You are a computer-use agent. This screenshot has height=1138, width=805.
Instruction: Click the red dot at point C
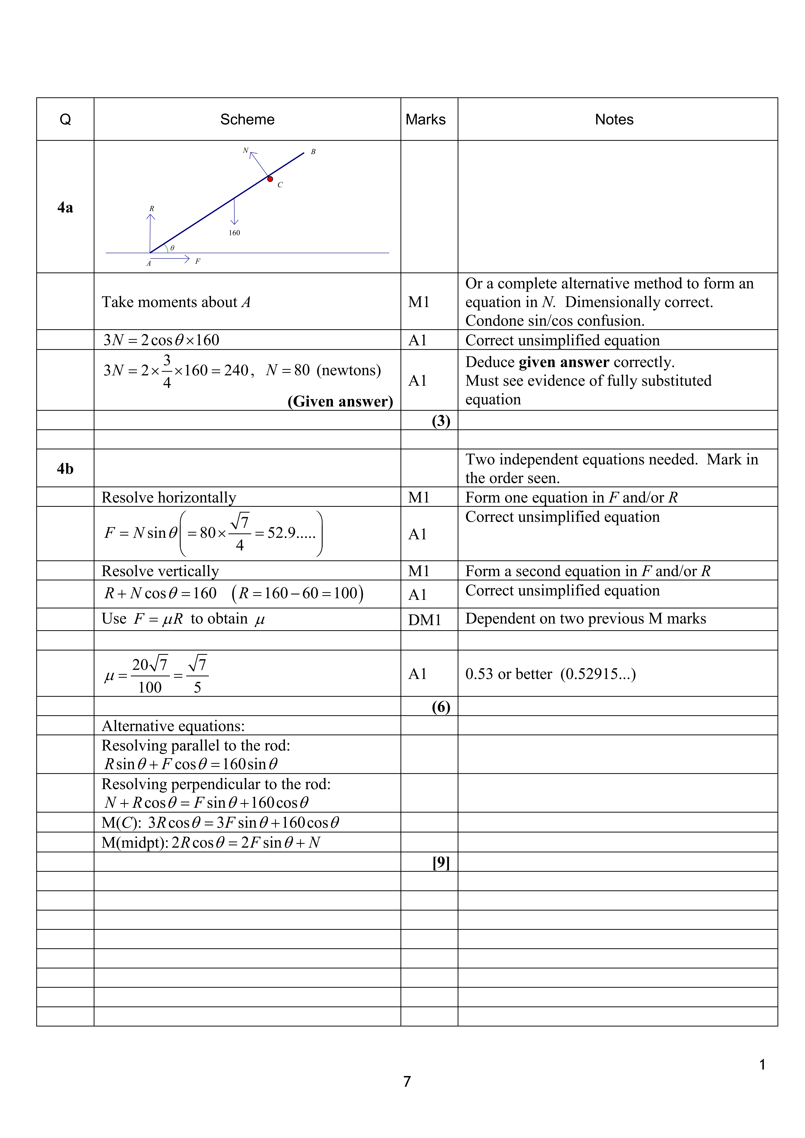(x=270, y=179)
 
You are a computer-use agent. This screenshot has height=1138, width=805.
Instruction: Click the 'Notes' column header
(x=614, y=120)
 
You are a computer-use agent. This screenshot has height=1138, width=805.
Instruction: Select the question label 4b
(x=65, y=468)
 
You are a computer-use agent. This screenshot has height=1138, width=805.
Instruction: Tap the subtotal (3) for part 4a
(x=441, y=421)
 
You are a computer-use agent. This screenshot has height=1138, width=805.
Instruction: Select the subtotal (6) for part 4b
(x=441, y=707)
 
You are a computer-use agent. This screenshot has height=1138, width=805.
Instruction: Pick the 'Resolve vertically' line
(x=160, y=571)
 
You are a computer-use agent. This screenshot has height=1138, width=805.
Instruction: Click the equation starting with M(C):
(x=220, y=823)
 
